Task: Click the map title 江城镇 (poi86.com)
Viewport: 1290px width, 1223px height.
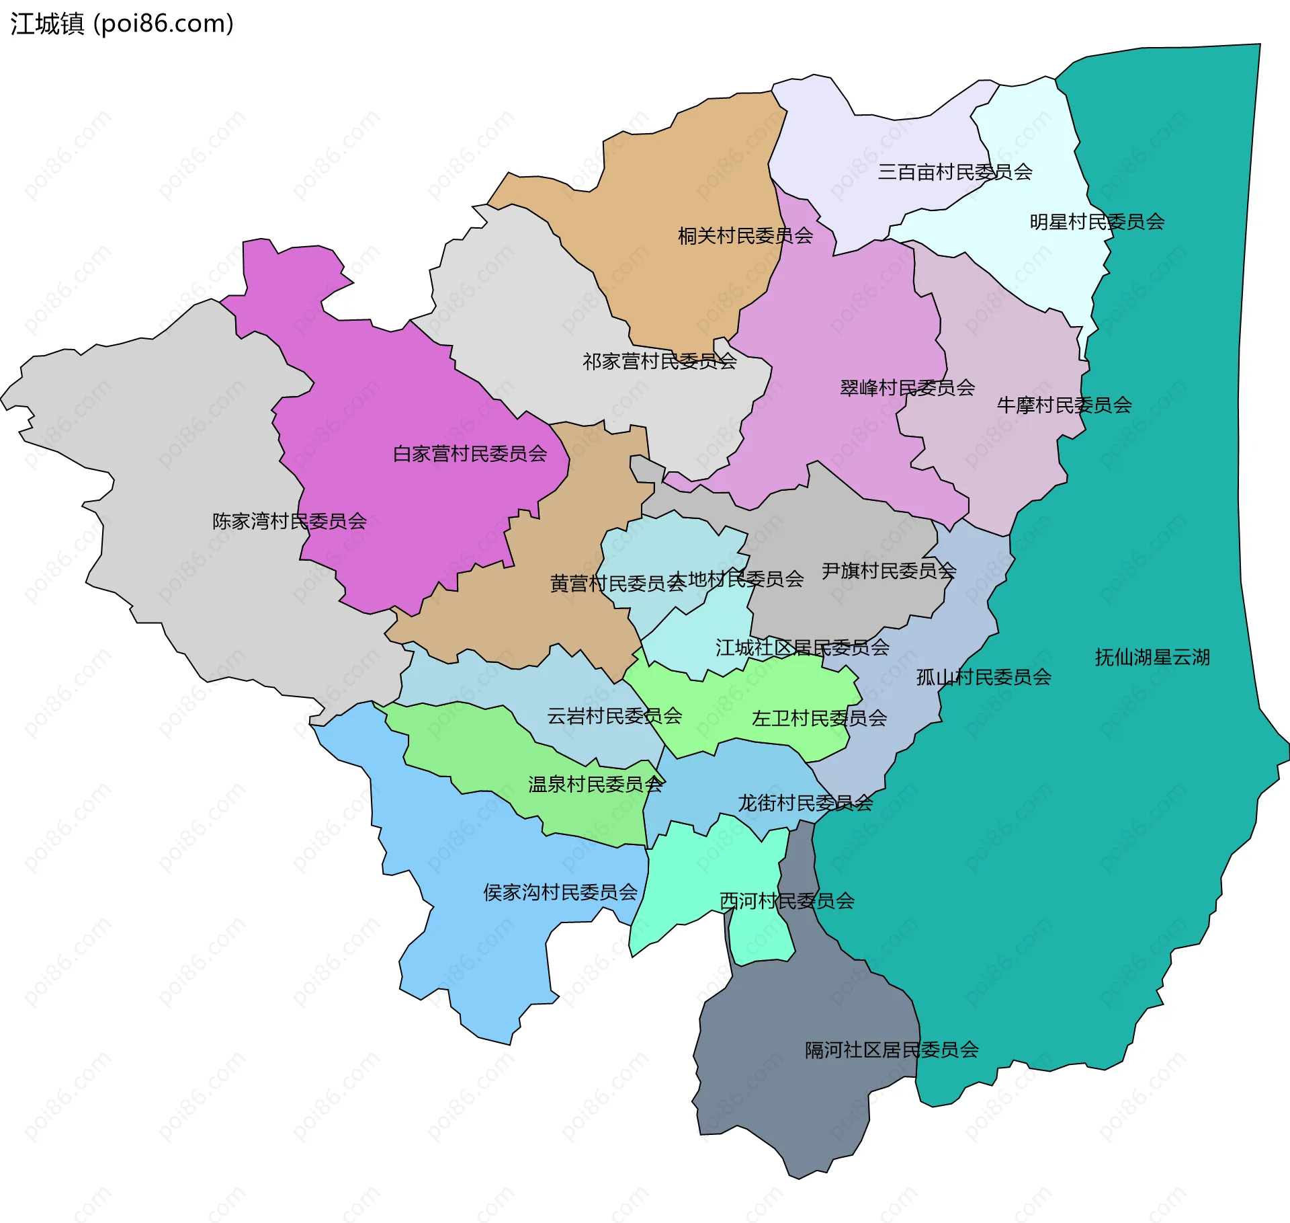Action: coord(122,24)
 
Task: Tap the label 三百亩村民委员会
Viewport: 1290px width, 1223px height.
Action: coord(955,172)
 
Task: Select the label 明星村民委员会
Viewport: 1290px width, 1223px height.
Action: coord(1096,222)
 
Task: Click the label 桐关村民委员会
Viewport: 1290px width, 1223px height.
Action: coord(745,236)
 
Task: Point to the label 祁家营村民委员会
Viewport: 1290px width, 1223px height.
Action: coord(659,362)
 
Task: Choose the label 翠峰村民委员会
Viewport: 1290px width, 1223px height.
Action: coord(907,388)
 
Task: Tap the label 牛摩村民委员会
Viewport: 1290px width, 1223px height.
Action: coord(1064,405)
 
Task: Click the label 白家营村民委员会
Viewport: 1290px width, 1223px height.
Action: coord(470,454)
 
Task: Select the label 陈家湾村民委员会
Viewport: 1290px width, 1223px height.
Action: coord(289,521)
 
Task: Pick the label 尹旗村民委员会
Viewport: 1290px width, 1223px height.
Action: coord(888,571)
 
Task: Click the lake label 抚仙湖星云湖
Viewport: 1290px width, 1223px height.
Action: coord(1152,657)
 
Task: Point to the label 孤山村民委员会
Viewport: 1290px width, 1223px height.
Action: coord(984,677)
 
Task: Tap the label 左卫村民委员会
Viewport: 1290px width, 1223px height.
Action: coord(819,719)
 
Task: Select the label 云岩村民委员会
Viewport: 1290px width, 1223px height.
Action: coord(614,716)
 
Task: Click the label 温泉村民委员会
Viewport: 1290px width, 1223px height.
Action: coord(595,785)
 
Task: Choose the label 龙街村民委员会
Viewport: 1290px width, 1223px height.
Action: coord(805,803)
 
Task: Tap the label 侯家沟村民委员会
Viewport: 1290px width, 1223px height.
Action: coord(560,892)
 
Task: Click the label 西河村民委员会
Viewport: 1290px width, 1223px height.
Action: coord(787,901)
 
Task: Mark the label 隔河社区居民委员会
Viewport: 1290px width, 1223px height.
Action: coord(892,1050)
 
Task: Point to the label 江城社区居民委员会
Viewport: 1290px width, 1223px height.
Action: coord(802,647)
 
